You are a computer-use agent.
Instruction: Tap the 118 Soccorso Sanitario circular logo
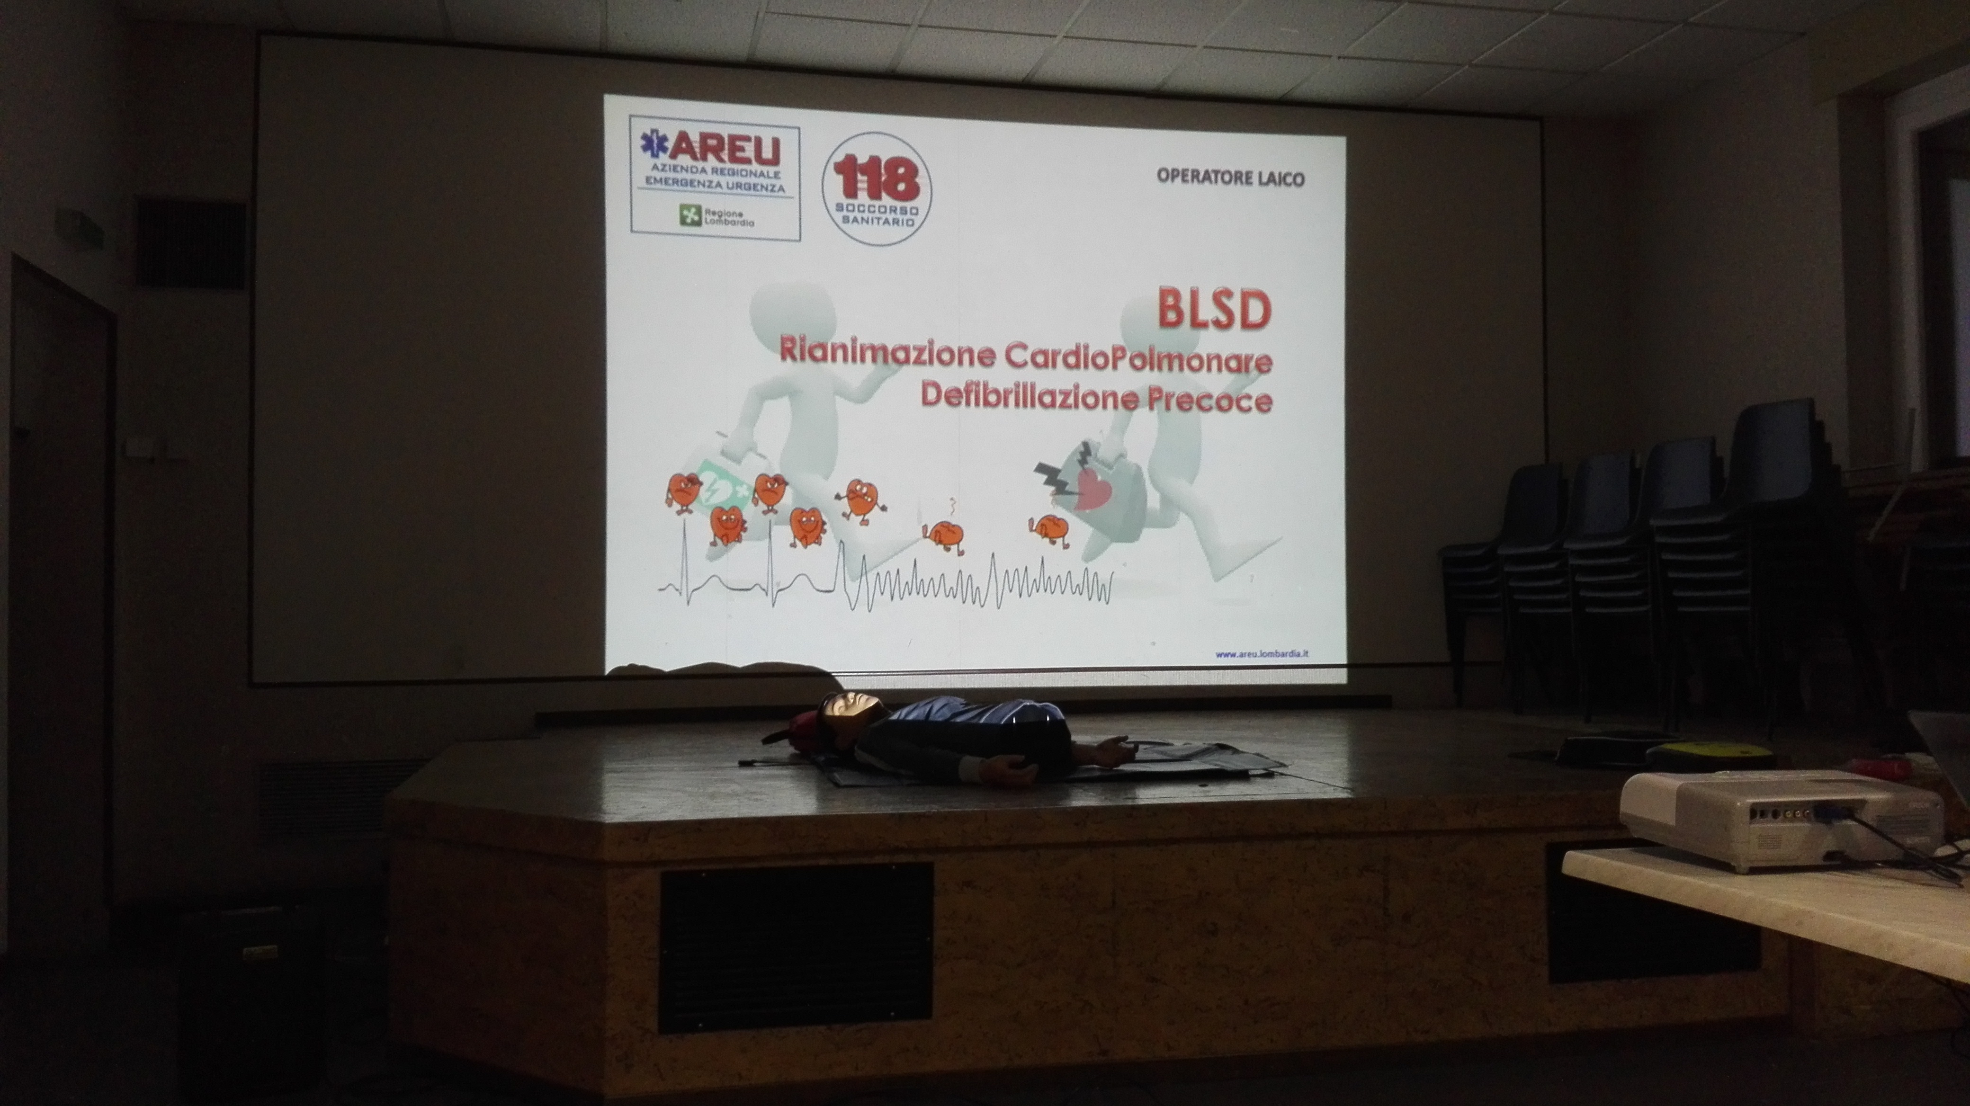(x=877, y=189)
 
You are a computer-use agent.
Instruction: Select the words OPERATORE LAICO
(x=1230, y=178)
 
